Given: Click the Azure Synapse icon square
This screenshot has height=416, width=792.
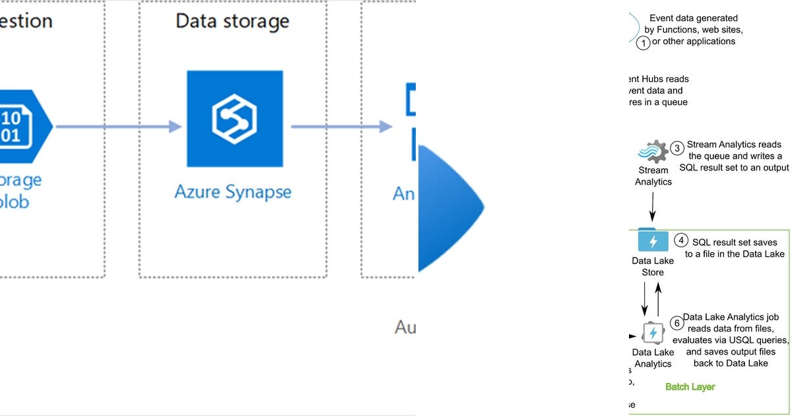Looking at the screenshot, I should (234, 119).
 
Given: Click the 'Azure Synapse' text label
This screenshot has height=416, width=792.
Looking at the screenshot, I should (232, 192).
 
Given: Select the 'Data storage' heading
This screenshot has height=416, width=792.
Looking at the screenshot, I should (232, 20).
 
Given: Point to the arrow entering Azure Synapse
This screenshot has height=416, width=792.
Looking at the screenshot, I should (119, 127).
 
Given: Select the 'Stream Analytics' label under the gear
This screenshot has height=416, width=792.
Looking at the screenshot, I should (653, 176).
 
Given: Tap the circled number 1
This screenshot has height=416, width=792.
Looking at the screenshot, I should (643, 44).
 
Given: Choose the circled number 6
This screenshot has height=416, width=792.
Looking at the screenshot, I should (676, 323).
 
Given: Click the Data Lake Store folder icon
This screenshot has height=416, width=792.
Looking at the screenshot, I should (653, 240).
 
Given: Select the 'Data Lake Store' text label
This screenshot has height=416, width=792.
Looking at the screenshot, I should (653, 266).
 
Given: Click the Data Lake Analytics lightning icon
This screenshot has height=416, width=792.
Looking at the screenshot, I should (653, 333).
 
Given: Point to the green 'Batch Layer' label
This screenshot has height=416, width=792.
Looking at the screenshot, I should (690, 386).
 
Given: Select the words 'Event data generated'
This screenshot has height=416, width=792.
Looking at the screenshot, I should (694, 18).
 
